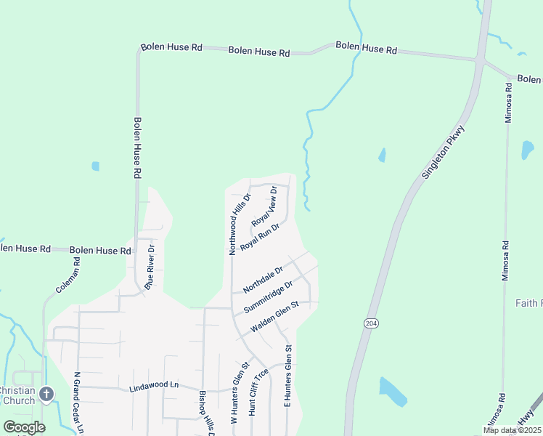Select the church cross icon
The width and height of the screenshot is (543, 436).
[46, 395]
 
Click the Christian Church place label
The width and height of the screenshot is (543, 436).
[17, 395]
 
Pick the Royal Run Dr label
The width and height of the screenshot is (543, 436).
[260, 235]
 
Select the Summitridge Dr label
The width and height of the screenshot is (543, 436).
[268, 296]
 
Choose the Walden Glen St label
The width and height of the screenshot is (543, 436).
[274, 317]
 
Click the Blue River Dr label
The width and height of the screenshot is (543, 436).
[150, 267]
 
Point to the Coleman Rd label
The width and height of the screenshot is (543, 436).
[68, 275]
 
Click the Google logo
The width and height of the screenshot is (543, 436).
[24, 427]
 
